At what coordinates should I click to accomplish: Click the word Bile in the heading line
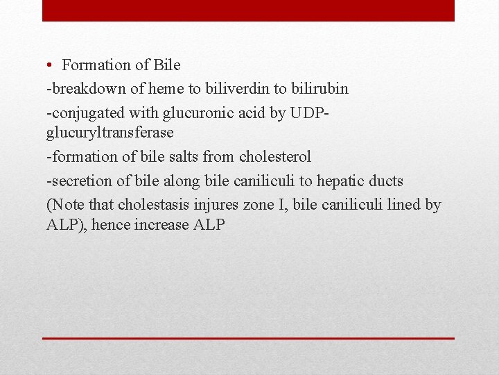coord(167,65)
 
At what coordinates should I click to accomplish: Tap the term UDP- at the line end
coord(310,113)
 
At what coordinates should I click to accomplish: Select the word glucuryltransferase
coord(110,132)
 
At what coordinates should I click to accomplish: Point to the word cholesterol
coord(275,157)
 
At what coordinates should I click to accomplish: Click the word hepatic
coord(340,181)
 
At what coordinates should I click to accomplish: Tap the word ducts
coord(386,181)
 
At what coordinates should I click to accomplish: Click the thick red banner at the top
coord(248,10)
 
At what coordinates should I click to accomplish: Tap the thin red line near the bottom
coord(248,338)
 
